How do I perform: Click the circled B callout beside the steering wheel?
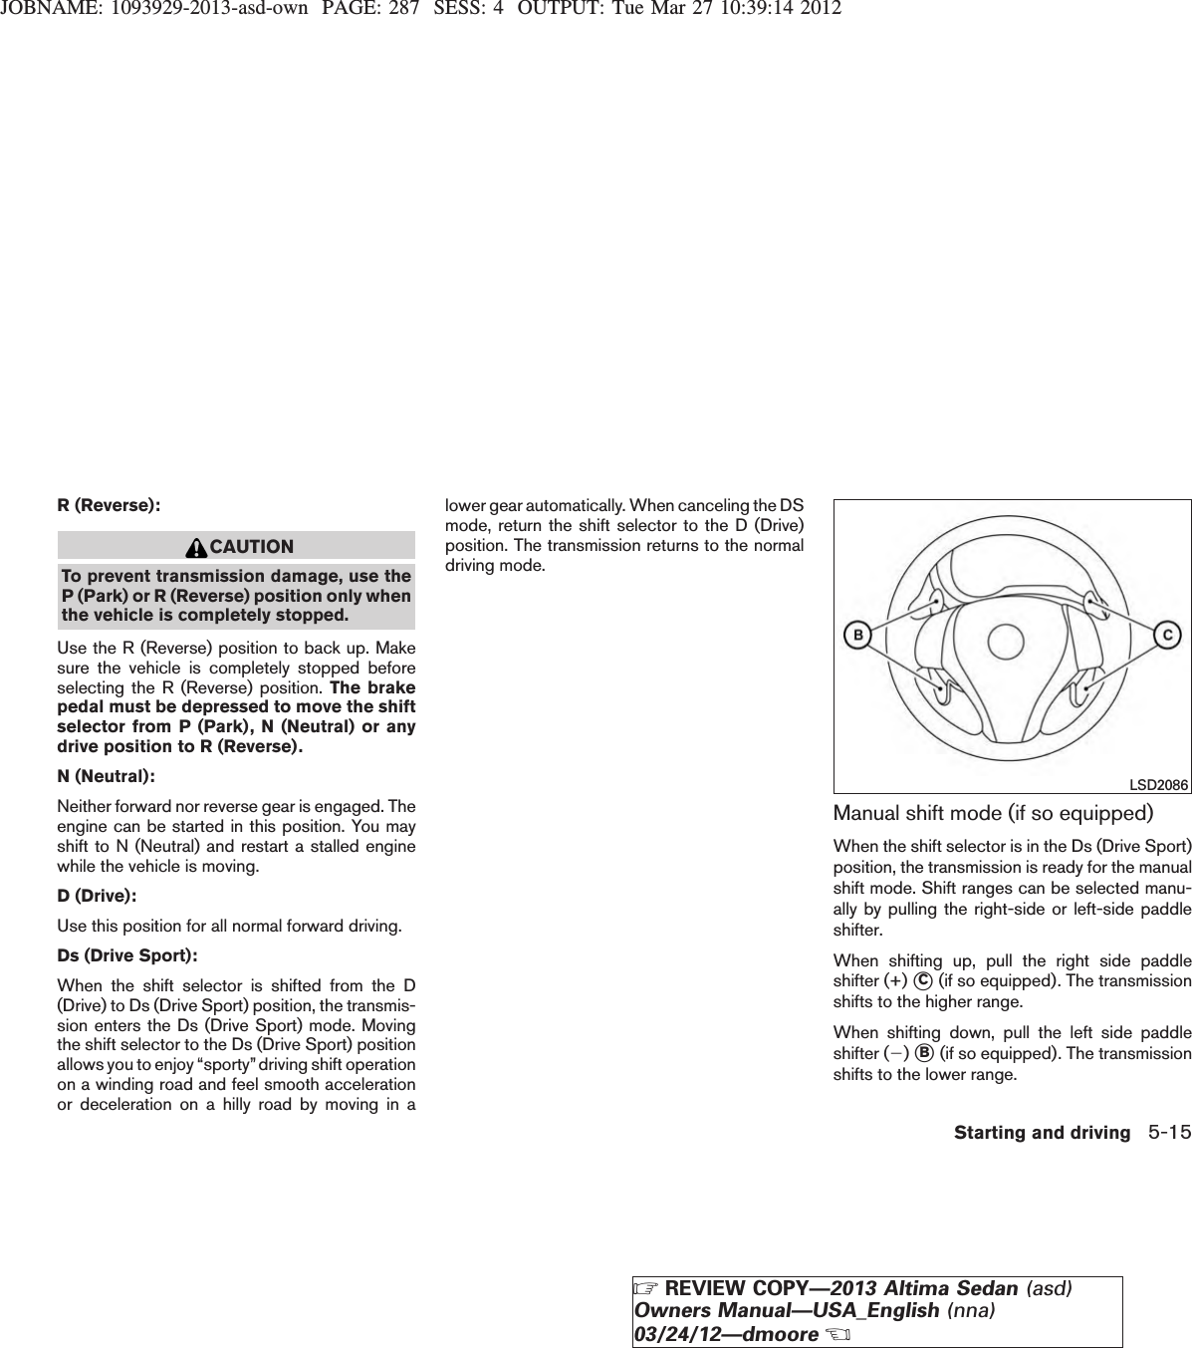(x=855, y=634)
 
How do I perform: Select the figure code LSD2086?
(x=1159, y=785)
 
